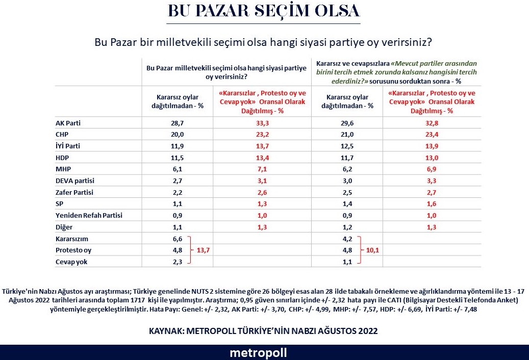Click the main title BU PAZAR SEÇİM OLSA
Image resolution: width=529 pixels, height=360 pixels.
(x=264, y=11)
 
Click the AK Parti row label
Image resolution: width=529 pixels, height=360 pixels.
(x=68, y=123)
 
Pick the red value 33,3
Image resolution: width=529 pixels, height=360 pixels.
(x=262, y=123)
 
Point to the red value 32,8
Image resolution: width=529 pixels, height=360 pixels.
(x=432, y=123)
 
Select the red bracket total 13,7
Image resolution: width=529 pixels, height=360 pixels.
(x=204, y=250)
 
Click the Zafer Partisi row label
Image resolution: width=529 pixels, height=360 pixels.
(x=75, y=192)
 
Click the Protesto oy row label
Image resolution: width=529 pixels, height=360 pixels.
(x=73, y=250)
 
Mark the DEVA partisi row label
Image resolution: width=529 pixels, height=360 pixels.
(x=75, y=181)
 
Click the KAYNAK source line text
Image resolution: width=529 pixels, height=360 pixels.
(x=263, y=331)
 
